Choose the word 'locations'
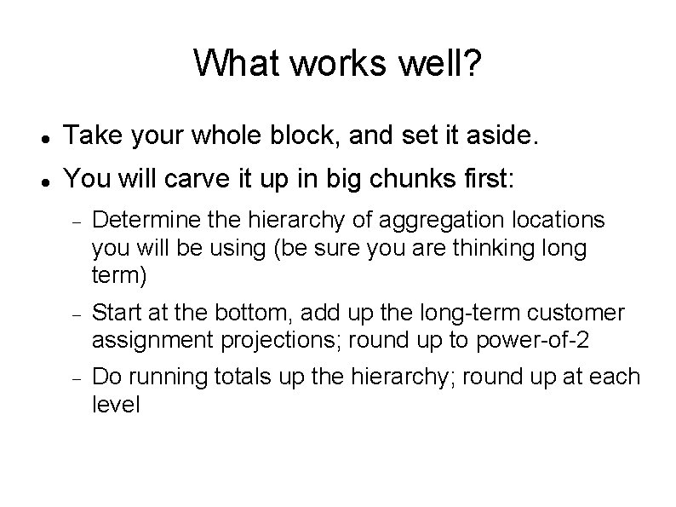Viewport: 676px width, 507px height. [x=555, y=221]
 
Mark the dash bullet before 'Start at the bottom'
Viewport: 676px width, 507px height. [x=76, y=315]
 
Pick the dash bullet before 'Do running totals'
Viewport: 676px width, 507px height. [x=76, y=379]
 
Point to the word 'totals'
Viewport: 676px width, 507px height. [x=237, y=377]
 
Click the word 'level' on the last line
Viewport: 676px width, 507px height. [x=115, y=404]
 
